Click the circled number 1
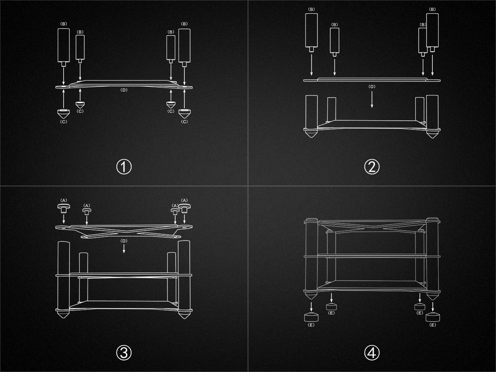124,167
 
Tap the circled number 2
372,167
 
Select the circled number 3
124,353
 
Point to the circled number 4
372,353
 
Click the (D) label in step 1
124,90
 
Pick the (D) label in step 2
372,86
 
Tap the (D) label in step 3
124,241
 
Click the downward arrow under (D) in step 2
372,99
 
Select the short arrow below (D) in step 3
124,248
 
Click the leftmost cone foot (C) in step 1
64,114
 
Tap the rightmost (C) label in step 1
184,122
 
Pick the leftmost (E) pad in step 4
311,317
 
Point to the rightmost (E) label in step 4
432,325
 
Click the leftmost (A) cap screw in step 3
64,208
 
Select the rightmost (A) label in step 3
184,200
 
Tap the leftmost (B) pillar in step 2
311,33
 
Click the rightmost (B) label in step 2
432,9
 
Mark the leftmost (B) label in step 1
64,24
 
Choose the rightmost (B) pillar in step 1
184,48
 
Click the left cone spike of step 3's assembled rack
64,315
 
